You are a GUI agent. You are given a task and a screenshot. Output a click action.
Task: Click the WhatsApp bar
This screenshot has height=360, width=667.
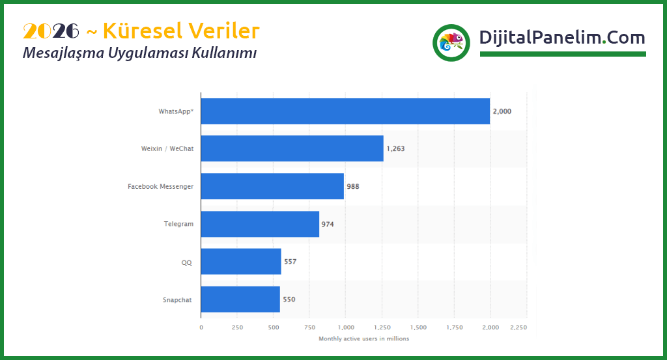pyautogui.click(x=345, y=111)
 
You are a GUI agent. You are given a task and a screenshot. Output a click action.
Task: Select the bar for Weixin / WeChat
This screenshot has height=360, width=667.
pyautogui.click(x=292, y=148)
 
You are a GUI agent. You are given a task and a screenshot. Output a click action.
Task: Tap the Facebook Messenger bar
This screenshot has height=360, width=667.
pyautogui.click(x=272, y=186)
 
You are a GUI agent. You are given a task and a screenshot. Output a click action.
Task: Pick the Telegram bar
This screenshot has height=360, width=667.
pyautogui.click(x=260, y=224)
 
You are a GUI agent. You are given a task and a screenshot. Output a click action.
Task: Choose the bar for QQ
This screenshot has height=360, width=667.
pyautogui.click(x=241, y=262)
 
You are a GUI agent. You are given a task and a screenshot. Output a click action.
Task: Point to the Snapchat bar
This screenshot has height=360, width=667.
pyautogui.click(x=240, y=299)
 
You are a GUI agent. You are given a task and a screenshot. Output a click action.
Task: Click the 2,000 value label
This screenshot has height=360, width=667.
pyautogui.click(x=502, y=111)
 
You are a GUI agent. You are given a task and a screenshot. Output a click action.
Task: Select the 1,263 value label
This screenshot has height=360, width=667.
pyautogui.click(x=395, y=149)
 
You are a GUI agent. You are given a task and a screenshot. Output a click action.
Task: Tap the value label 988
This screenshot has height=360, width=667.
pyautogui.click(x=353, y=187)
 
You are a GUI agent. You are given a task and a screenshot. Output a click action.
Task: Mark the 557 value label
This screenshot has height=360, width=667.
pyautogui.click(x=291, y=262)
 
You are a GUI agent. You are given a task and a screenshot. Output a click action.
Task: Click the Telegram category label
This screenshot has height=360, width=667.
pyautogui.click(x=178, y=224)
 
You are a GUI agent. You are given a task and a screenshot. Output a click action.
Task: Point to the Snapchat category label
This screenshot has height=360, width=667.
pyautogui.click(x=178, y=300)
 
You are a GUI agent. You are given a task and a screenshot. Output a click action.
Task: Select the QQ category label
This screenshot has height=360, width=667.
pyautogui.click(x=187, y=262)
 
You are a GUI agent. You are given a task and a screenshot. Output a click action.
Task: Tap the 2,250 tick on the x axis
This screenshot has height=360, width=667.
pyautogui.click(x=518, y=327)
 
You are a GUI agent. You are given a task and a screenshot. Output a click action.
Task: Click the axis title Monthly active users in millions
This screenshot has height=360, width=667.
pyautogui.click(x=363, y=339)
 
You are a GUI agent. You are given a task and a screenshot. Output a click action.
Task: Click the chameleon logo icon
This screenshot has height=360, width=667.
pyautogui.click(x=451, y=43)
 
